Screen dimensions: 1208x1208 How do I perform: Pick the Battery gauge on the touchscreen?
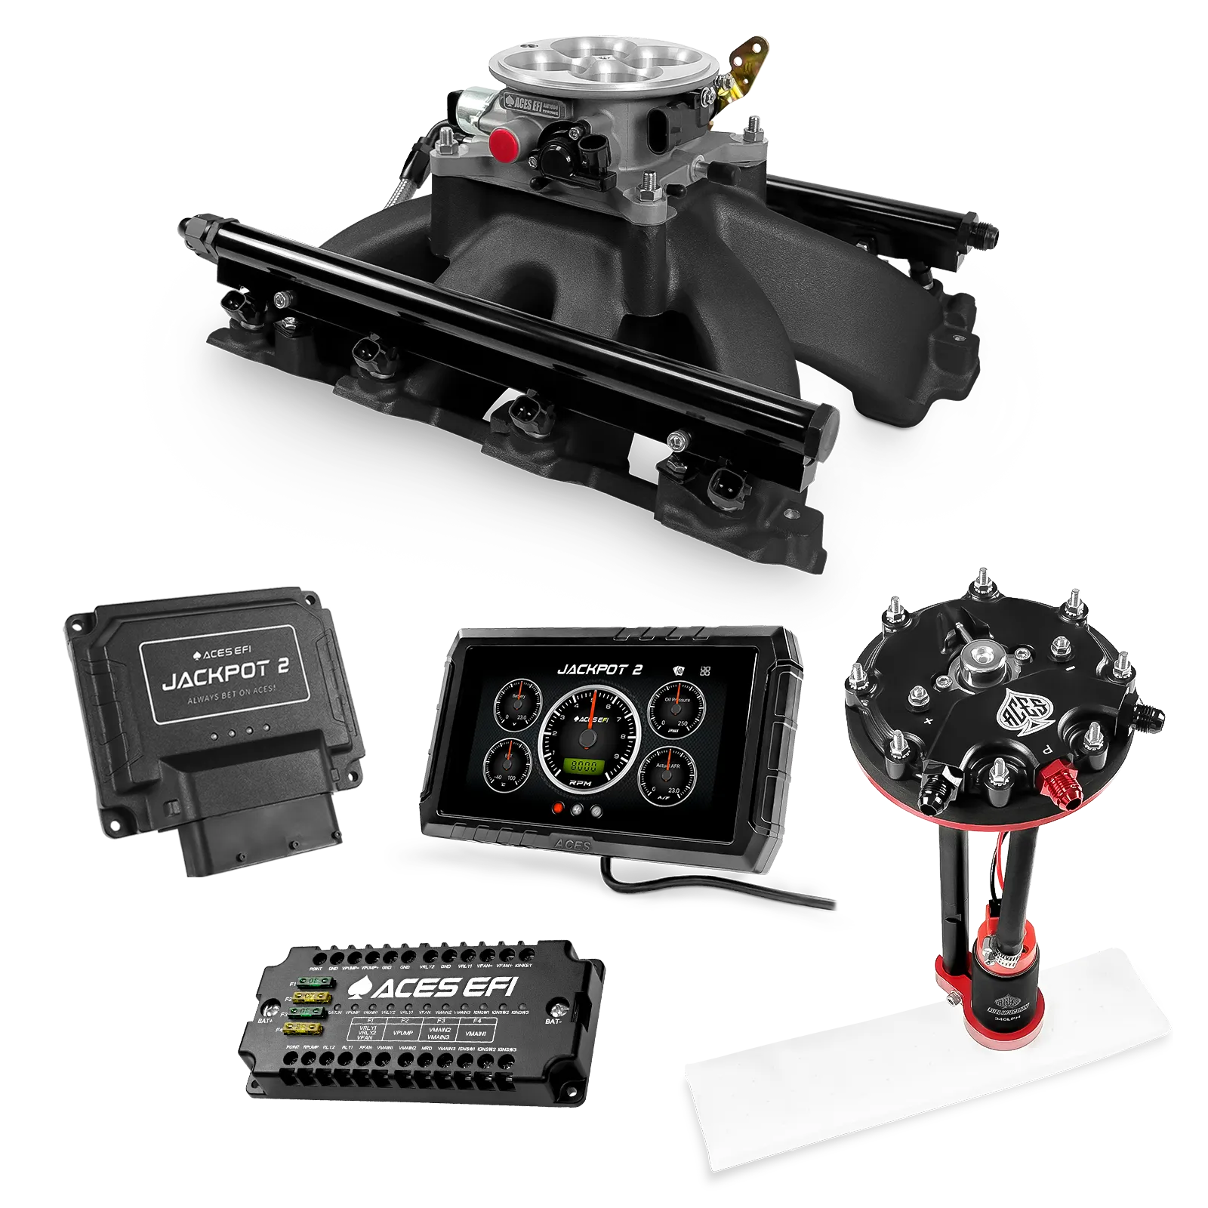pyautogui.click(x=519, y=707)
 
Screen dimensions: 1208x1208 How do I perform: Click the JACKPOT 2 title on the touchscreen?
pyautogui.click(x=599, y=669)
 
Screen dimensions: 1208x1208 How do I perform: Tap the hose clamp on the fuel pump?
pyautogui.click(x=1012, y=960)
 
